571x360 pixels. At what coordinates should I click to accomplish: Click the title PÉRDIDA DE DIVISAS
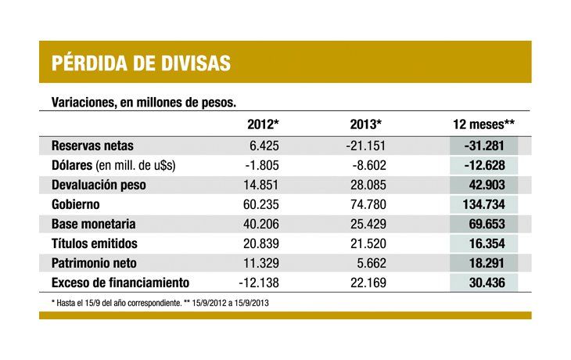tap(141, 63)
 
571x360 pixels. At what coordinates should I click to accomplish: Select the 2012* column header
tap(263, 124)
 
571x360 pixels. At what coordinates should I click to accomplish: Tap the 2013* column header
tap(366, 124)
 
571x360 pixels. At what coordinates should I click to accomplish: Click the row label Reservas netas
tap(92, 146)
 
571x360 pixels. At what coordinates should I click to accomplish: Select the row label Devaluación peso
tap(99, 185)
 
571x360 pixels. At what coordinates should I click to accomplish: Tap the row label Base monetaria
tap(94, 223)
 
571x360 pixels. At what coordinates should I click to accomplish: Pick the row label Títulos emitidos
tap(95, 243)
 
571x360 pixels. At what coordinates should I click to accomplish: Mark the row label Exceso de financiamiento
tap(120, 282)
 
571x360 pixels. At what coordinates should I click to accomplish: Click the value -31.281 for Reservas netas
tap(483, 146)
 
